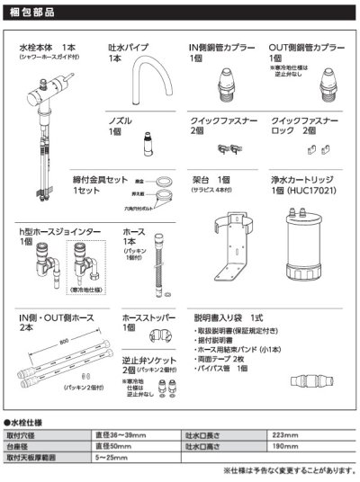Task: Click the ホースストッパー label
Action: click(146, 318)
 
